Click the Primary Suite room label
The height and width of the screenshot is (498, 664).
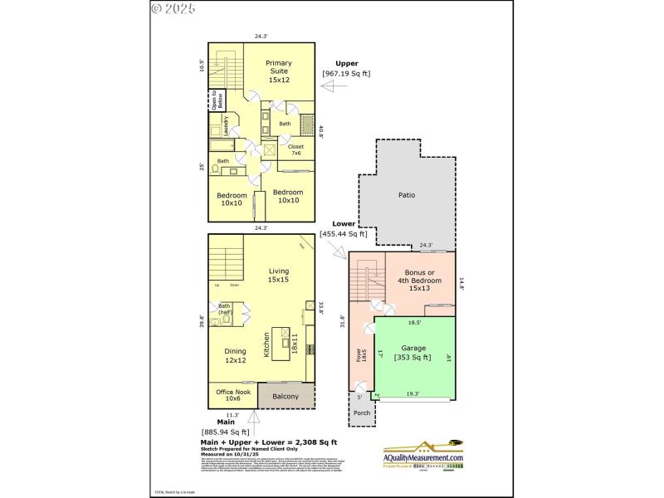279,71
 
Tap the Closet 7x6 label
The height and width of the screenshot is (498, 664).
295,149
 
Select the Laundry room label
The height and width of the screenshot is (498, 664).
225,125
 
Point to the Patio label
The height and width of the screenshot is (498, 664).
406,195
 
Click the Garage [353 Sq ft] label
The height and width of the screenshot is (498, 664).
413,353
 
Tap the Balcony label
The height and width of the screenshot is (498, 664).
286,397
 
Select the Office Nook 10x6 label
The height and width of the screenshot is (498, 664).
232,395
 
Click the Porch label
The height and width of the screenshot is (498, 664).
362,413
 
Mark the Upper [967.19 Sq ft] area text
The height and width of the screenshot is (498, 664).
346,68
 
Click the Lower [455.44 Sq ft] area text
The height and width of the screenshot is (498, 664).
344,229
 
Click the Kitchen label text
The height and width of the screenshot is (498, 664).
267,344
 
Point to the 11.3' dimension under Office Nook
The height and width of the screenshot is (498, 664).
232,415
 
